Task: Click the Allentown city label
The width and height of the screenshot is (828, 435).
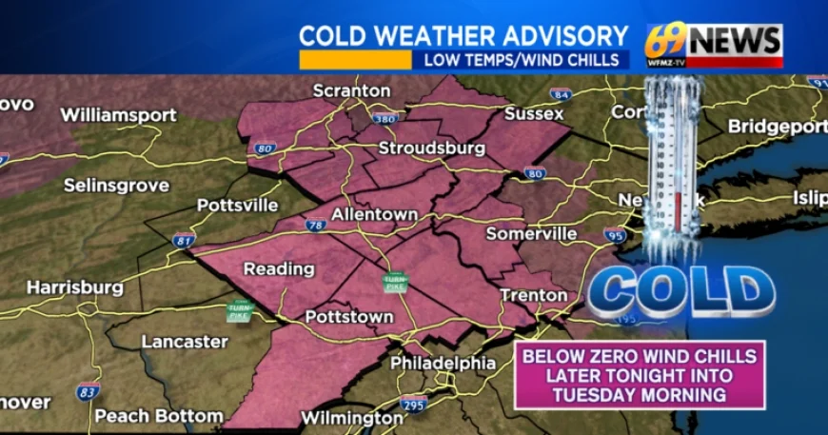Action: (374, 215)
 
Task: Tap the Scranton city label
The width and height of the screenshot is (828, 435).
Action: (352, 90)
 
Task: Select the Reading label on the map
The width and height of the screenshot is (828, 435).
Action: (279, 269)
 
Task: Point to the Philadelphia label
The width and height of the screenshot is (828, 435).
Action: (443, 363)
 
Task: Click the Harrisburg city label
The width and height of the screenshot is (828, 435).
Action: (74, 287)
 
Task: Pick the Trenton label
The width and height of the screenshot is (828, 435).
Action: (534, 295)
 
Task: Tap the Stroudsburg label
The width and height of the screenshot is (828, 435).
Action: (432, 148)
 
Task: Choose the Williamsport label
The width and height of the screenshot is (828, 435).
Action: (118, 115)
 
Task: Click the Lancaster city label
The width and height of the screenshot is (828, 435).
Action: (185, 341)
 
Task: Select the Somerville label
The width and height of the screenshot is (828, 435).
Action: (531, 233)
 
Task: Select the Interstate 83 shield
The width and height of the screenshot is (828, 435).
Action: (88, 391)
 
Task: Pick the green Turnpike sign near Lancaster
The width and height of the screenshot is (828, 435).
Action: (239, 310)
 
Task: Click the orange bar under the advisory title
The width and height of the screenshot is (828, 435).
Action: (355, 60)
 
